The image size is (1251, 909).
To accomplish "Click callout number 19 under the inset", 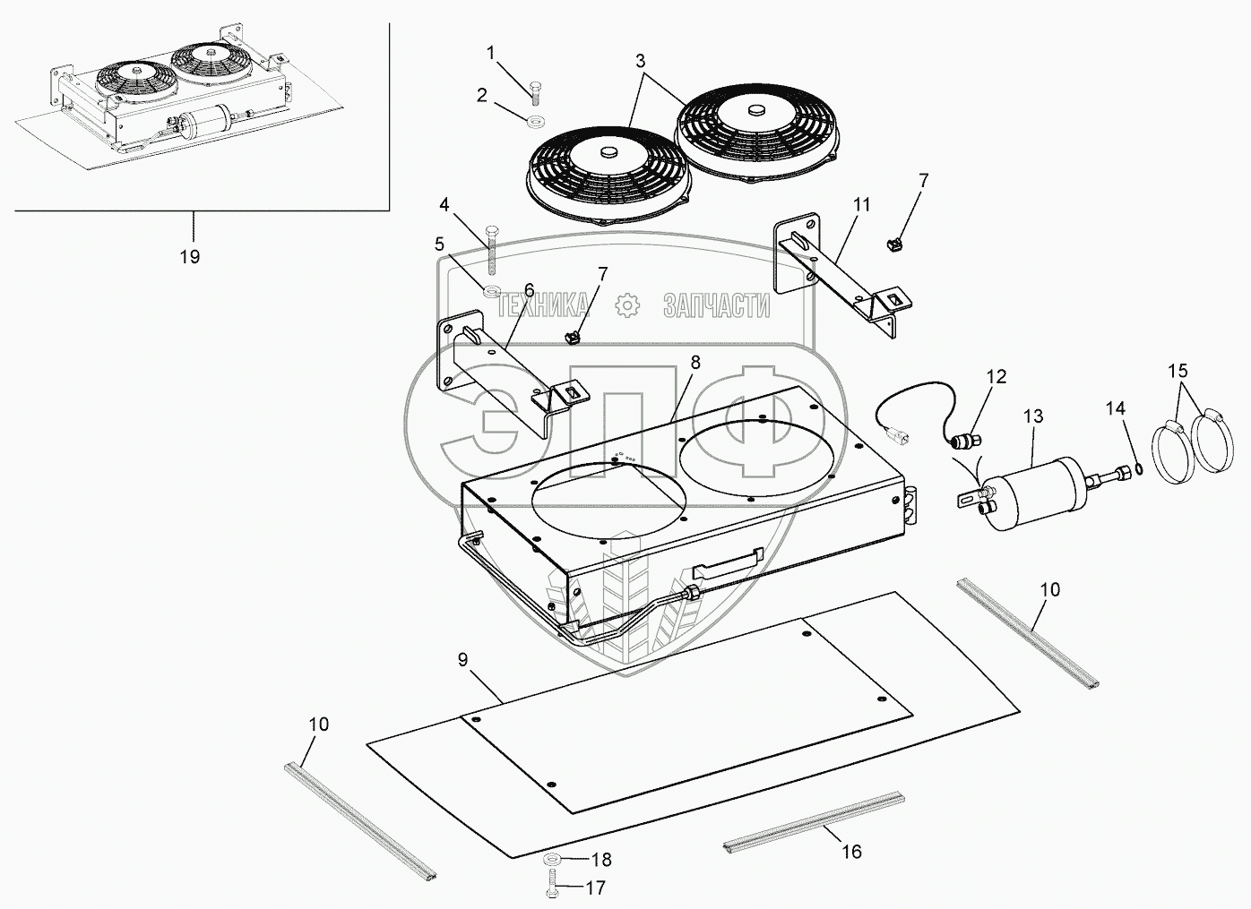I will pos(189,257).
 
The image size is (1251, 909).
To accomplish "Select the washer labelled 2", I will pos(537,121).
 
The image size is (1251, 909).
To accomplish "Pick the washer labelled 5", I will pos(492,289).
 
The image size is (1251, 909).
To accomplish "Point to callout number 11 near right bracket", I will pos(861,204).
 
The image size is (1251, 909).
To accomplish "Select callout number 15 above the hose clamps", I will pos(1177,370).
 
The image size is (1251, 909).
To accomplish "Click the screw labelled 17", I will pos(551,889).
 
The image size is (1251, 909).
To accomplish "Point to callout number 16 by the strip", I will pos(851,851).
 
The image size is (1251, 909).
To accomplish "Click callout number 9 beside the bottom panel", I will pos(462,660).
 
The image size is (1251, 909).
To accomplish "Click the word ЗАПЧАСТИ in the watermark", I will pos(716,306).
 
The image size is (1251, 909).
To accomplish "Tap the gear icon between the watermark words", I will pos(627,306).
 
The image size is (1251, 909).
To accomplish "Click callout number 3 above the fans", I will pos(640,62).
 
